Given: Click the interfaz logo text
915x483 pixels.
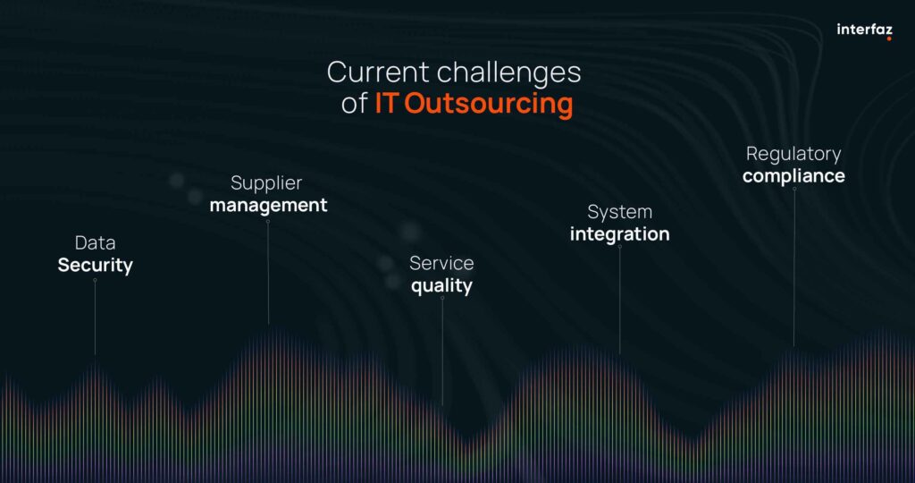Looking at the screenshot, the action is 864,30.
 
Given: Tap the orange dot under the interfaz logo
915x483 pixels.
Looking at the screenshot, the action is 889,38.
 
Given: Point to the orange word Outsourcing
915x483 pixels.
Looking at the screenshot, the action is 489,104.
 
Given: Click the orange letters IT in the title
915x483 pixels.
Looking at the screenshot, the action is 386,103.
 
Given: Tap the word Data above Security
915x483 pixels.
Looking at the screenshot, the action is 95,242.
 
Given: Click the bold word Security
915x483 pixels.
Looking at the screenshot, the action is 95,266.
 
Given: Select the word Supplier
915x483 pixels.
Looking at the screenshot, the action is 266,183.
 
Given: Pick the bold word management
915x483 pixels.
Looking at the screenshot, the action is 268,206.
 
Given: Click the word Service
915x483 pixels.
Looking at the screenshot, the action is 441,263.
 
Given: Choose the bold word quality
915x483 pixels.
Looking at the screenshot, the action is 441,286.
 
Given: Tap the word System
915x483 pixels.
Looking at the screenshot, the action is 620,213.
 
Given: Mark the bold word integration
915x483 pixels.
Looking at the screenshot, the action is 620,234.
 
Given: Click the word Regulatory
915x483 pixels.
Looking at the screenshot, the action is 793,154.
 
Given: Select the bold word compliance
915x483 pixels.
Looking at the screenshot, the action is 793,176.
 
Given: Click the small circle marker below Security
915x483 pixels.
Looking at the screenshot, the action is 95,280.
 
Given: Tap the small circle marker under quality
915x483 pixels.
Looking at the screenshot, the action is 442,299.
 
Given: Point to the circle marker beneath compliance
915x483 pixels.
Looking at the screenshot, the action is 794,190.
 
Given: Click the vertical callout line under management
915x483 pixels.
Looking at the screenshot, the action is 268,274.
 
